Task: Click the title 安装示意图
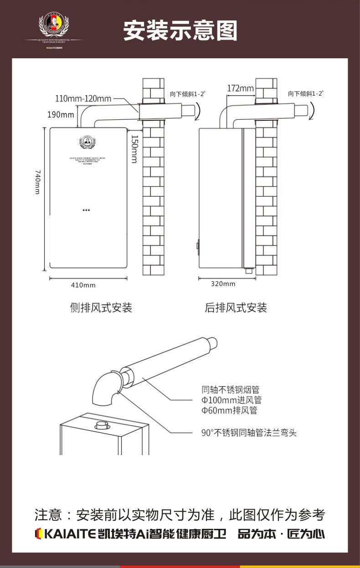[x=180, y=31]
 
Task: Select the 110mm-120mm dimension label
[x=83, y=98]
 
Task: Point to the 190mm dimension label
[x=61, y=114]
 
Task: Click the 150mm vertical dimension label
[x=134, y=148]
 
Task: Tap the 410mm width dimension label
[x=83, y=285]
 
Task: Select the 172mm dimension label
[x=240, y=88]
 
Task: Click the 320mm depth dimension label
[x=223, y=284]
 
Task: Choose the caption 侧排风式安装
[x=101, y=308]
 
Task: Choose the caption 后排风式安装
[x=236, y=308]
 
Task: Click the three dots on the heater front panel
[x=86, y=210]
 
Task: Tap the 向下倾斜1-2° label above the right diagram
[x=305, y=94]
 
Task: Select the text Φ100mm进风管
[x=231, y=400]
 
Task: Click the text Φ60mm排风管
[x=229, y=411]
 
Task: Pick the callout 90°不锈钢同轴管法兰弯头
[x=249, y=433]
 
